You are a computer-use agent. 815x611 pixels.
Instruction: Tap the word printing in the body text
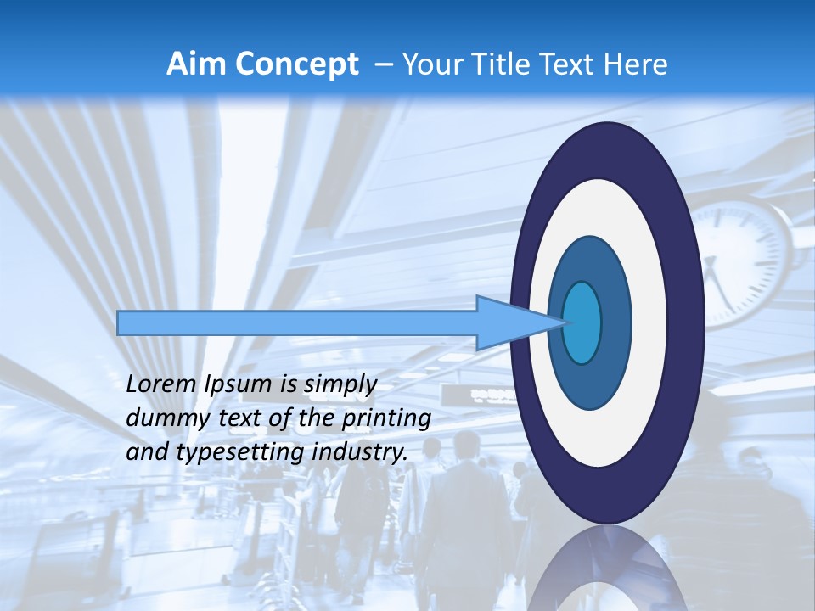386,419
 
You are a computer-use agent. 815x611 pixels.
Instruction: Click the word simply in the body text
340,384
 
